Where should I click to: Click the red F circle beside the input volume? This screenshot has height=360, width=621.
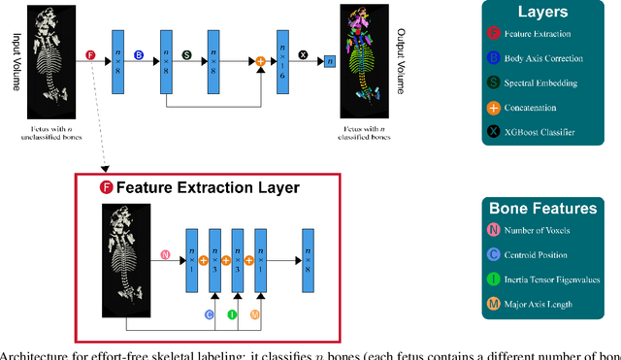point(91,55)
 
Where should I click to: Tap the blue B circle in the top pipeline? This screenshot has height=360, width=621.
point(138,55)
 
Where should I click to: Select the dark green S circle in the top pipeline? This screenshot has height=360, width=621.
point(187,55)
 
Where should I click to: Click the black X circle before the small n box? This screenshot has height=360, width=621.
point(302,55)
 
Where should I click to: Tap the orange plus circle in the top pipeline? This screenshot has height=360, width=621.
point(260,61)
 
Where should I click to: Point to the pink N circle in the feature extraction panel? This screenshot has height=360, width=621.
point(165,256)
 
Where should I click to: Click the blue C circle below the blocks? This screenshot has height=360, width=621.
point(209,314)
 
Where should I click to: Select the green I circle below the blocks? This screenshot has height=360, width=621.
point(232,314)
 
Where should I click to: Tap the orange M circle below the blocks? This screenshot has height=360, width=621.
point(255,314)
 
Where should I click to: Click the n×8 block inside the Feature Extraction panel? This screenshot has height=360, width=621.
point(309,259)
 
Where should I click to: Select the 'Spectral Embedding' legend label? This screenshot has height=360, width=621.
point(555,83)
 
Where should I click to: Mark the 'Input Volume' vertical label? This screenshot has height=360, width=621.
point(14,59)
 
